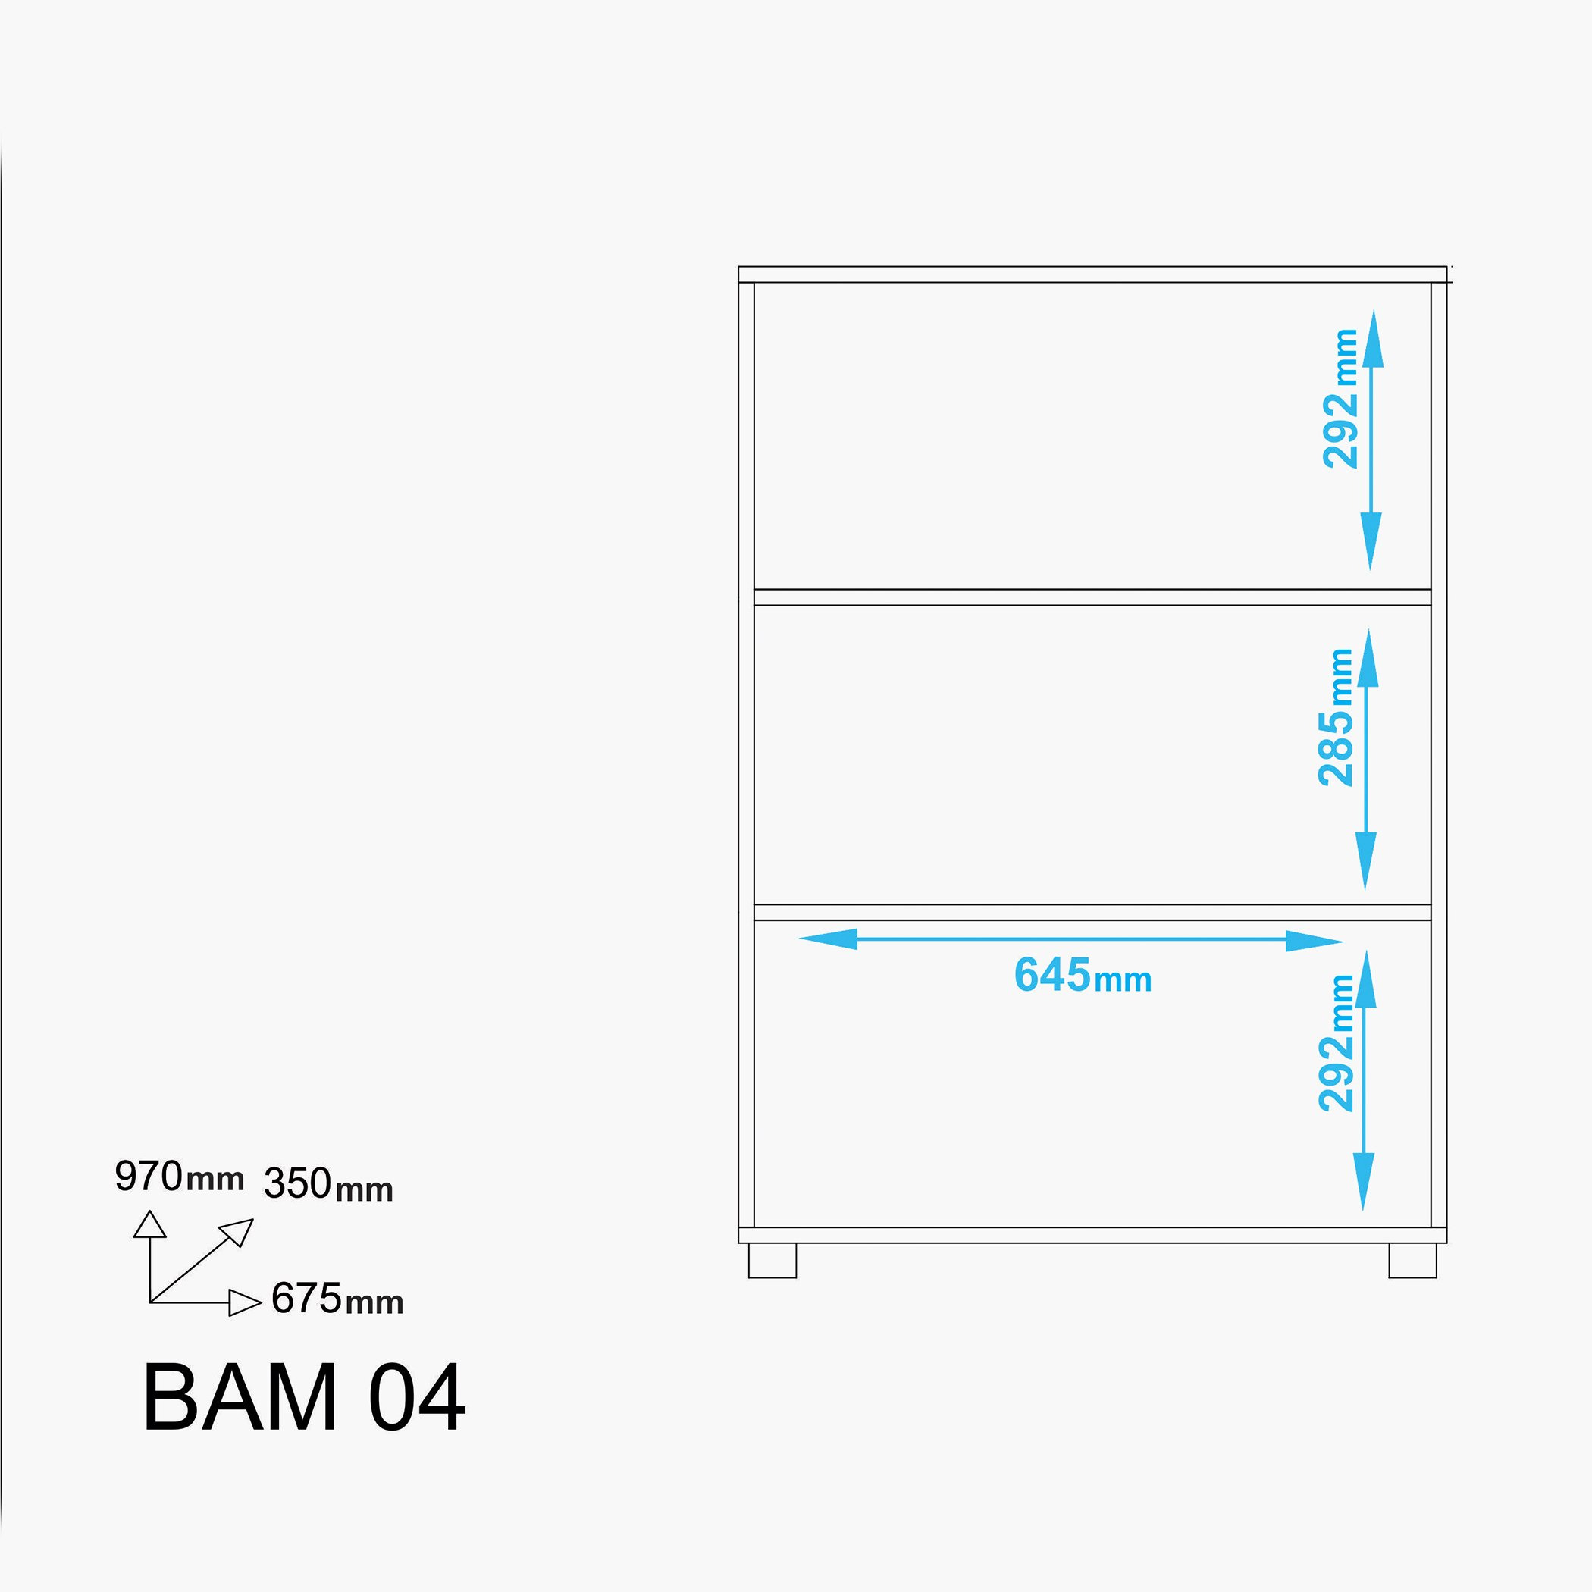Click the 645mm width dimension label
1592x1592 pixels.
pos(1083,976)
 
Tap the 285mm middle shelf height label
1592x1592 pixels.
pos(1336,718)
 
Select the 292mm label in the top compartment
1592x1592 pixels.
pos(1340,399)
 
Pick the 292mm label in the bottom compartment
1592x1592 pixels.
pos(1336,1043)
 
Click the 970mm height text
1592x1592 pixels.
pos(180,1176)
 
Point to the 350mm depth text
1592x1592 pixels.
pos(328,1183)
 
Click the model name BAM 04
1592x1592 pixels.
pos(304,1399)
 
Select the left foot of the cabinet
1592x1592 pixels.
pos(772,1260)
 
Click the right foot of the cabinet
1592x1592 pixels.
pos(1412,1260)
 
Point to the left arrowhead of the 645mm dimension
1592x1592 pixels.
pos(827,939)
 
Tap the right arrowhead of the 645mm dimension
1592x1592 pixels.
pos(1315,941)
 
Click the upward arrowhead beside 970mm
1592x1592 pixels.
pos(150,1224)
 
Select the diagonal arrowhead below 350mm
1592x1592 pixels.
pos(237,1231)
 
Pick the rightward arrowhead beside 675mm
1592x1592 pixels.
pos(245,1302)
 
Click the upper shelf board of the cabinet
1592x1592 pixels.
pos(1092,597)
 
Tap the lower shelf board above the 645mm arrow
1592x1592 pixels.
pos(1092,912)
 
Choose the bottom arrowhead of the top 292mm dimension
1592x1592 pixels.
pos(1371,541)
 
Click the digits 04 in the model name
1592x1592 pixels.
pos(417,1399)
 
